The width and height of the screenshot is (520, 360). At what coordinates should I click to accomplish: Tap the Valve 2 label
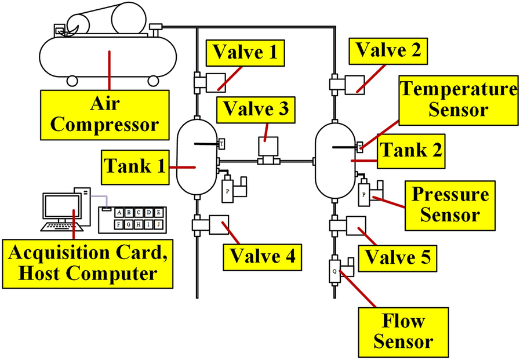[388, 50]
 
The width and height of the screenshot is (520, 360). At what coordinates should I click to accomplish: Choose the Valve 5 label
[397, 257]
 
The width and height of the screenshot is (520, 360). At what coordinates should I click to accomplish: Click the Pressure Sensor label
[450, 204]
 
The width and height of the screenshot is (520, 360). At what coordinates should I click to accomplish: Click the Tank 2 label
[410, 150]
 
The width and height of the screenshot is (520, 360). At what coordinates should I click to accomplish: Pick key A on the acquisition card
[119, 212]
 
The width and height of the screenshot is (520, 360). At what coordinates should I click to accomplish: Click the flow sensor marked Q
[334, 271]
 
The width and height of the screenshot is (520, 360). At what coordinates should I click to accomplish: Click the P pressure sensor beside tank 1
[227, 190]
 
